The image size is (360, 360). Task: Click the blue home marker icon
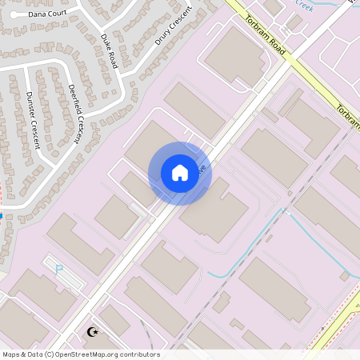(x=180, y=173)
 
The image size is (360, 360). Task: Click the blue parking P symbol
(x=59, y=270)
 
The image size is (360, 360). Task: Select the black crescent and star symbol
(x=93, y=331)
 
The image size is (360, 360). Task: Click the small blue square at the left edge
(x=2, y=215)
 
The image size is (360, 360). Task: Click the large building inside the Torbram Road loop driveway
(x=236, y=56)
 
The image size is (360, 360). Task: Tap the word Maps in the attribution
(x=11, y=354)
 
